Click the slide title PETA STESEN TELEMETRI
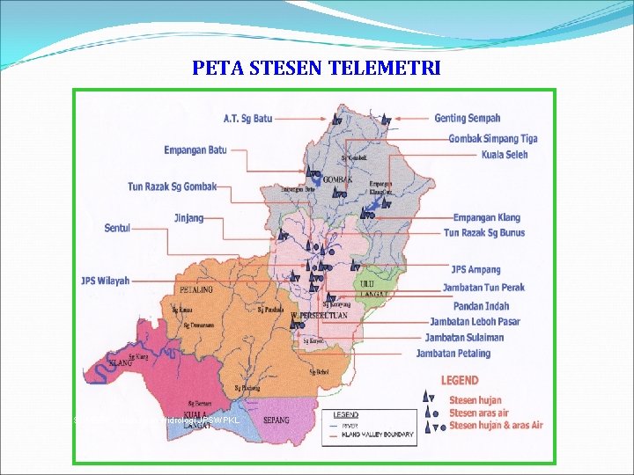(x=316, y=68)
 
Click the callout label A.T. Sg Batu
(x=247, y=119)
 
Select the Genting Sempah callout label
(x=468, y=119)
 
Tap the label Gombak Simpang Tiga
(x=493, y=139)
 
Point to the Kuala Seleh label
(x=505, y=155)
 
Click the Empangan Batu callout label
(x=195, y=150)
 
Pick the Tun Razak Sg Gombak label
(x=172, y=186)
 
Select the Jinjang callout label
(x=188, y=218)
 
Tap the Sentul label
(x=117, y=229)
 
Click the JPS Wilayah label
(x=105, y=281)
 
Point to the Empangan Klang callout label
(x=486, y=218)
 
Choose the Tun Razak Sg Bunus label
(x=483, y=233)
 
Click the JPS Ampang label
(x=475, y=270)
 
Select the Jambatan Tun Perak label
(x=483, y=289)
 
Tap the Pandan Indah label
(x=481, y=306)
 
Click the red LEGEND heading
(x=460, y=381)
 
